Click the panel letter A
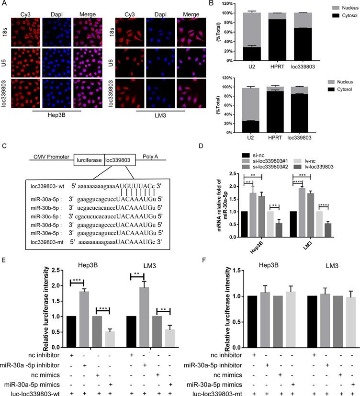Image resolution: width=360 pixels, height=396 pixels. point(4,4)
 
